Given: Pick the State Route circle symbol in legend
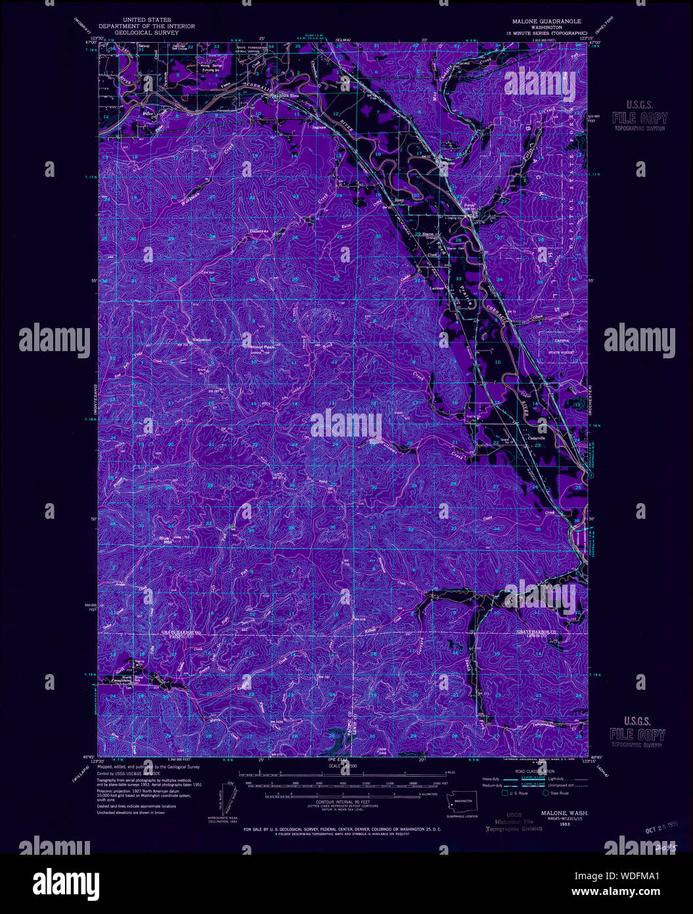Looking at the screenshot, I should pyautogui.click(x=545, y=793).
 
